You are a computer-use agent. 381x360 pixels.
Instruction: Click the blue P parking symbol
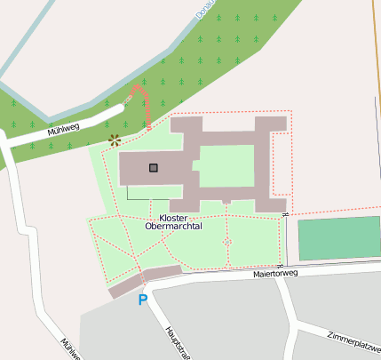[x=142, y=300]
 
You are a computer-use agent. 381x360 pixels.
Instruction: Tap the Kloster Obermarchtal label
[x=173, y=222]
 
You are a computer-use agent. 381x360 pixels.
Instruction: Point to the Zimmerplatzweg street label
[x=353, y=341]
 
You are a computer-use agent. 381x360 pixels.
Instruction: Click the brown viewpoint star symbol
[x=114, y=140]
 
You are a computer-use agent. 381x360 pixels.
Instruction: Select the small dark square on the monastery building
[x=154, y=167]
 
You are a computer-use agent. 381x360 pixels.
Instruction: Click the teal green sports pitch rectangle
[x=338, y=238]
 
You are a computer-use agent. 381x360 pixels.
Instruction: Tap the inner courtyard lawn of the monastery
[x=226, y=165]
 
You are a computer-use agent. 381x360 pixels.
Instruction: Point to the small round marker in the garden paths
[x=227, y=241]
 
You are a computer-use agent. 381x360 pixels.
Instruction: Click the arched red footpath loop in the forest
[x=139, y=100]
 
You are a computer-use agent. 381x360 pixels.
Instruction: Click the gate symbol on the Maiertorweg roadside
[x=279, y=266]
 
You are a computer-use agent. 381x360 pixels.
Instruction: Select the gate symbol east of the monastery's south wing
[x=284, y=215]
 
